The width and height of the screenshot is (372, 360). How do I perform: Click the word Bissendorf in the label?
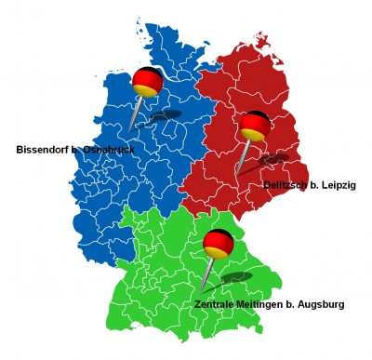pyautogui.click(x=43, y=150)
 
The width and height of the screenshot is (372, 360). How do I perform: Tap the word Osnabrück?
pyautogui.click(x=110, y=150)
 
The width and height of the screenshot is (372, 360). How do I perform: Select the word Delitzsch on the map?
pyautogui.click(x=288, y=186)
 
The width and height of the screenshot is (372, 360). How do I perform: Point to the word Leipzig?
pyautogui.click(x=338, y=186)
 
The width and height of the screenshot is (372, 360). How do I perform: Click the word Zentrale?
pyautogui.click(x=217, y=304)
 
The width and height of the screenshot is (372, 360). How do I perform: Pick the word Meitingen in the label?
pyautogui.click(x=268, y=304)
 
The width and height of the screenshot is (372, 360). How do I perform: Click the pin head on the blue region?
pyautogui.click(x=147, y=82)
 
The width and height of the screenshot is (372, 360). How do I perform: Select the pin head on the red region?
pyautogui.click(x=255, y=126)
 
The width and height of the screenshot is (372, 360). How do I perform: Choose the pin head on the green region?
pyautogui.click(x=218, y=244)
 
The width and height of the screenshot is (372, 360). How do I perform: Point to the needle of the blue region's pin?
pyautogui.click(x=138, y=113)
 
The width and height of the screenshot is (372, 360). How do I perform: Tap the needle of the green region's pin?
pyautogui.click(x=208, y=274)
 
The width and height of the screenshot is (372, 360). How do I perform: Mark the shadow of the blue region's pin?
pyautogui.click(x=165, y=116)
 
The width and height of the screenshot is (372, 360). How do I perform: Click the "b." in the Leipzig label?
pyautogui.click(x=313, y=186)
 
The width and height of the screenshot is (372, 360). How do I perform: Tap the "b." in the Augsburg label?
pyautogui.click(x=298, y=304)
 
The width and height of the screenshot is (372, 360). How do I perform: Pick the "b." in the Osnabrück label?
pyautogui.click(x=77, y=150)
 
